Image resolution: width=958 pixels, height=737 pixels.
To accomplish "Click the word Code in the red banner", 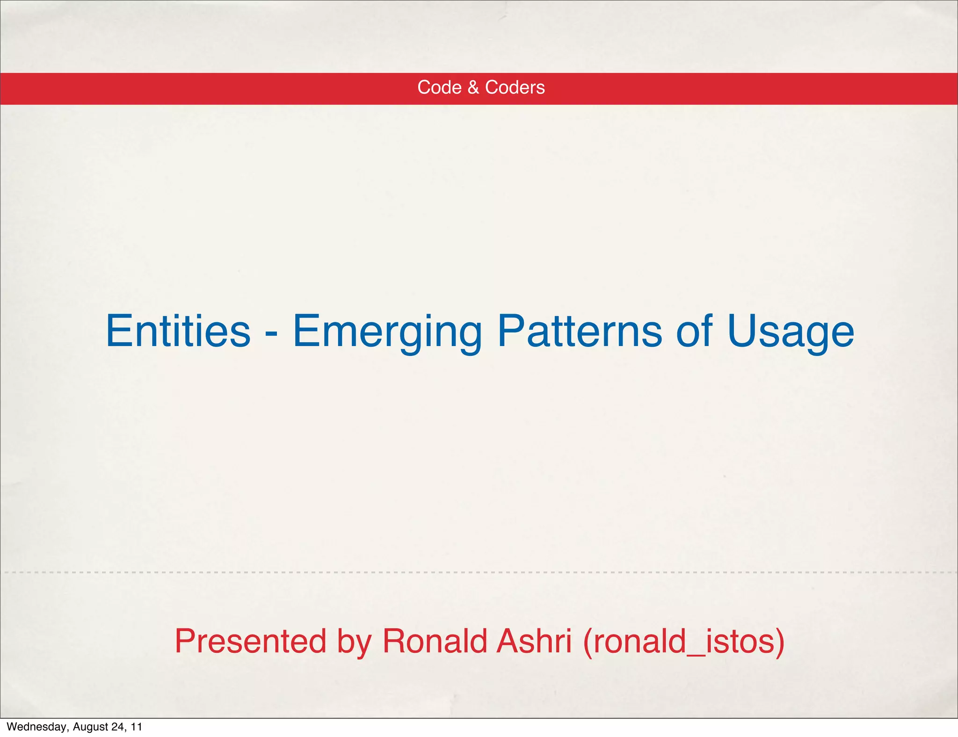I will click(439, 87).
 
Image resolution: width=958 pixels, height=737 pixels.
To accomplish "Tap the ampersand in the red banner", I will click(473, 87).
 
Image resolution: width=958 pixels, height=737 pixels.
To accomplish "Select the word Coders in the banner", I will click(515, 87).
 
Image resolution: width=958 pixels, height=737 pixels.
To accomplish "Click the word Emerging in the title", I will click(387, 332).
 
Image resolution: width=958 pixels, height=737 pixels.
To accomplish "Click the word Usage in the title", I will click(791, 332).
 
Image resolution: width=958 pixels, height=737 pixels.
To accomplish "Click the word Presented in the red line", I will click(250, 641).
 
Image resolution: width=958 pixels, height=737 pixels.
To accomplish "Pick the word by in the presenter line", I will click(354, 642).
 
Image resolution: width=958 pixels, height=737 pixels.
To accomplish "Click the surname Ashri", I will click(534, 641).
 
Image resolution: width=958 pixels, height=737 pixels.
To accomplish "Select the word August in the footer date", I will click(90, 727).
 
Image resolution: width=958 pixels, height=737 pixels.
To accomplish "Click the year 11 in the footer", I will click(136, 727).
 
